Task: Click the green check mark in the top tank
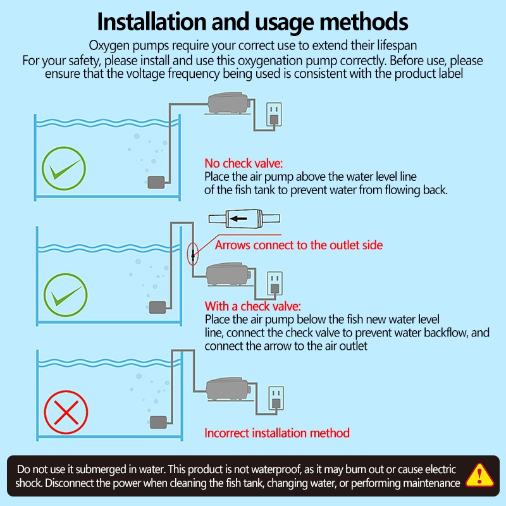click(x=64, y=168)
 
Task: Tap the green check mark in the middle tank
click(x=66, y=295)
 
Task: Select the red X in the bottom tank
click(x=66, y=412)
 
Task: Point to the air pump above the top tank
click(x=228, y=103)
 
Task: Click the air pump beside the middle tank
click(x=228, y=275)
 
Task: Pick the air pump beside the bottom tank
click(x=228, y=390)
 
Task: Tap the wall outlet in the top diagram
click(x=274, y=114)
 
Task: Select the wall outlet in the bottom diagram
click(x=276, y=398)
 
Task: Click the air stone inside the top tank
click(x=156, y=182)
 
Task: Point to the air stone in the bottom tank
click(x=159, y=422)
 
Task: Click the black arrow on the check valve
click(x=238, y=219)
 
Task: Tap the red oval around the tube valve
click(x=193, y=254)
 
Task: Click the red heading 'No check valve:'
click(x=244, y=163)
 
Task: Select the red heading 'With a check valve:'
click(x=252, y=306)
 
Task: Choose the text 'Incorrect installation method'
click(x=277, y=433)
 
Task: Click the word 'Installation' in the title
click(x=152, y=22)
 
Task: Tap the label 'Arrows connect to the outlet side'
click(x=299, y=245)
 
